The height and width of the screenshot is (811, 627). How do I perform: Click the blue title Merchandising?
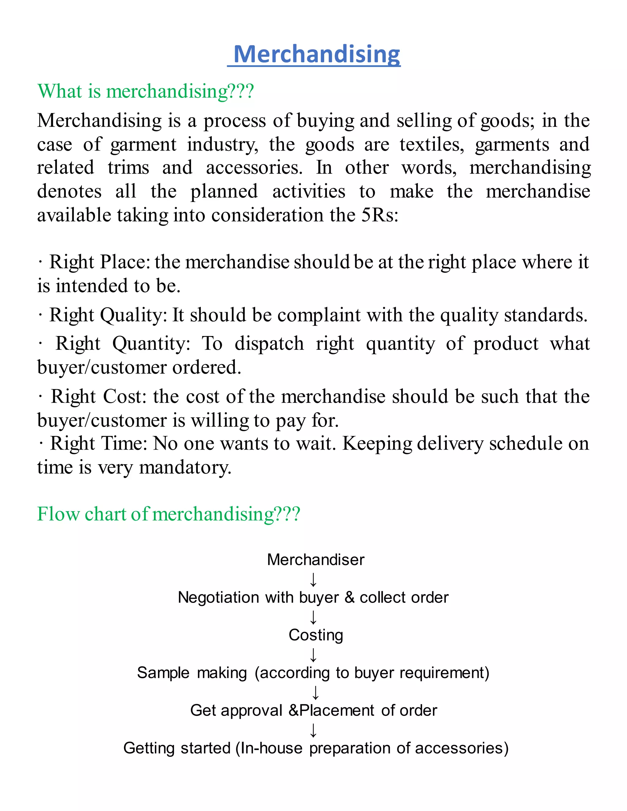tap(317, 54)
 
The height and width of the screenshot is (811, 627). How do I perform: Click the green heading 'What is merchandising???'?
tap(146, 91)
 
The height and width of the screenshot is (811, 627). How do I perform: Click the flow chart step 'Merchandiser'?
tap(315, 560)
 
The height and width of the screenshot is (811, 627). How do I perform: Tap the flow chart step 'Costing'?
tap(316, 635)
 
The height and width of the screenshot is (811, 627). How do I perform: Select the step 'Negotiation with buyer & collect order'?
tap(313, 597)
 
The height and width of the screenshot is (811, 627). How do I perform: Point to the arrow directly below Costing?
tap(313, 655)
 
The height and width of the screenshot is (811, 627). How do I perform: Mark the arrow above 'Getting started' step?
tap(313, 730)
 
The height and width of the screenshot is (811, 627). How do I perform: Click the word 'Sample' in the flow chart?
tap(163, 673)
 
